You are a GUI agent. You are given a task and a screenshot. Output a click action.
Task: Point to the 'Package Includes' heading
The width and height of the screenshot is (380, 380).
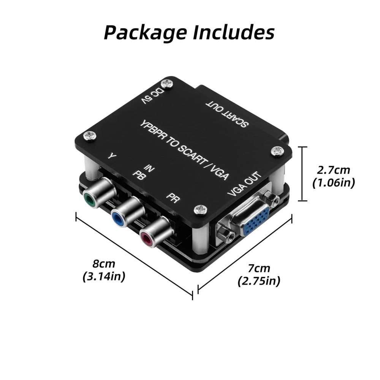[x=189, y=32]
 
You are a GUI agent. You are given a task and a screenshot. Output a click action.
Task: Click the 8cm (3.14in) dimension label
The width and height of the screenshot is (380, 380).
[x=104, y=270]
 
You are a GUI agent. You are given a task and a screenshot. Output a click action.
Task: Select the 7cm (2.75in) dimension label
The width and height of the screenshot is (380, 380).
[x=259, y=275]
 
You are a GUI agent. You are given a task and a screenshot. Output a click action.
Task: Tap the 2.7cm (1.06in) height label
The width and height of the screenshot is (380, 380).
[x=334, y=176]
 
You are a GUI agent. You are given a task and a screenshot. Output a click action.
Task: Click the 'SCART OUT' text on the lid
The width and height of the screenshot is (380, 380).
[x=227, y=113]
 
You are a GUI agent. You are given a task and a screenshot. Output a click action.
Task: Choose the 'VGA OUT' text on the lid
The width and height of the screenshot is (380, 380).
[x=245, y=185]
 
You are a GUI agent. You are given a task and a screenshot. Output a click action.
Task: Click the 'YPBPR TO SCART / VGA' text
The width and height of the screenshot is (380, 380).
[x=185, y=150]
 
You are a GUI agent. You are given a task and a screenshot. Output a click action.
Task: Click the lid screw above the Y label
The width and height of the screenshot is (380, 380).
[x=89, y=136]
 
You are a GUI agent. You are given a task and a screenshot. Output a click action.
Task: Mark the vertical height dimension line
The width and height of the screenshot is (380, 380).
[x=302, y=174]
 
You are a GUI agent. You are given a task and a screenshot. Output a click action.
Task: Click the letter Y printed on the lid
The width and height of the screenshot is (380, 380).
[x=112, y=156]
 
